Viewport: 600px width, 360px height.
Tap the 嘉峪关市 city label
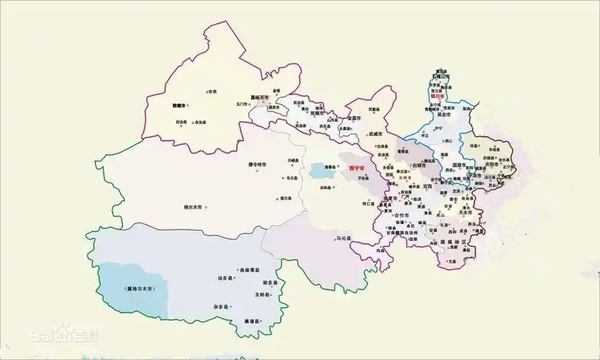(x=260, y=97)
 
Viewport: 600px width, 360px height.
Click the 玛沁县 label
(x=344, y=238)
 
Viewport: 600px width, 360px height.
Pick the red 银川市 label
(x=438, y=95)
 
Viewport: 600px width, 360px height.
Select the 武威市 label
(x=378, y=133)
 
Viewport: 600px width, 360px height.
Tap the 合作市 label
(x=401, y=215)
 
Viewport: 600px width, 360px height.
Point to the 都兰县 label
(x=285, y=198)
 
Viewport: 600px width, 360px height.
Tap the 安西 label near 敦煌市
(x=212, y=91)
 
